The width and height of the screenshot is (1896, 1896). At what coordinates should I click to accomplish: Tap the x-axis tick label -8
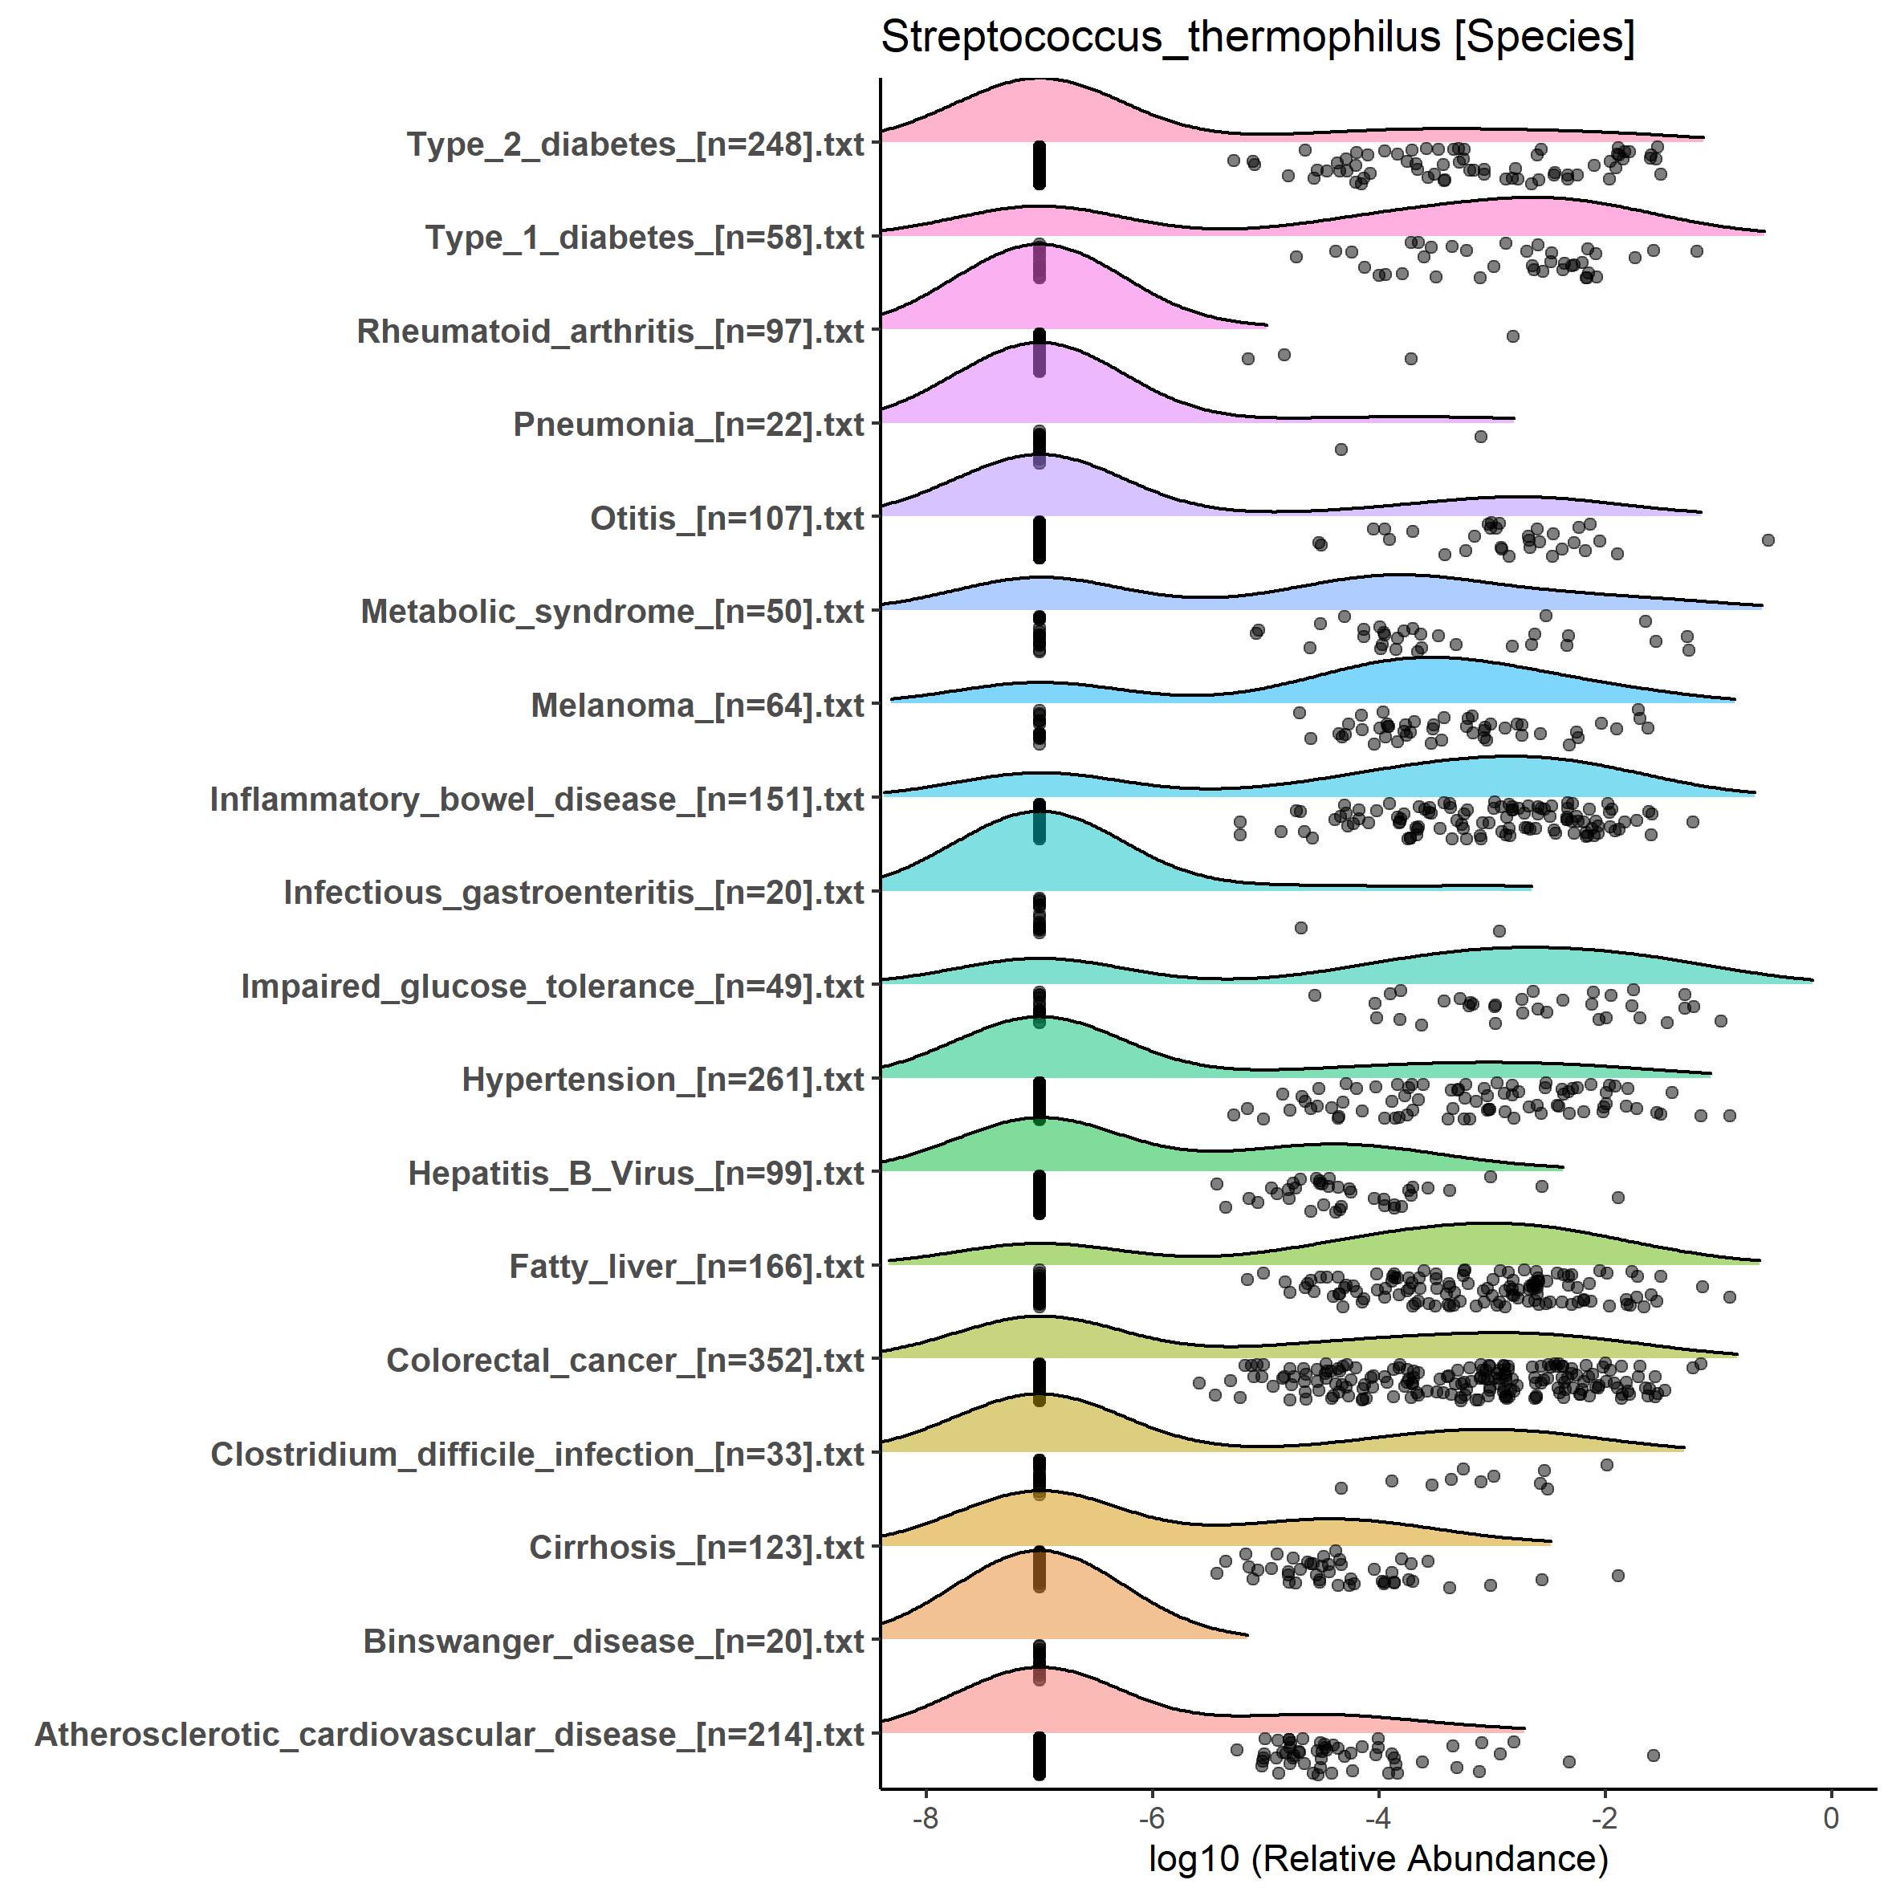click(x=925, y=1818)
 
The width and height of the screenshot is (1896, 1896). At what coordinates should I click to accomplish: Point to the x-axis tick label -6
click(x=1151, y=1818)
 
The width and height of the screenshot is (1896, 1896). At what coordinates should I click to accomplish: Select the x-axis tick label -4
click(x=1377, y=1818)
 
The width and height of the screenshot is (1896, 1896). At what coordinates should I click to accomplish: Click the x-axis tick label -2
click(x=1605, y=1818)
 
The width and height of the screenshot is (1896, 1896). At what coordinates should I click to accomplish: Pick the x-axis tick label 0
click(x=1830, y=1818)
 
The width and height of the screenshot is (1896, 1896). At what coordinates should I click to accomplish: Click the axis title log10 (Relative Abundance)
click(x=1377, y=1859)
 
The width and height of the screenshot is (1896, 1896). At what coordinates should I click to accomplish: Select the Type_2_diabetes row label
click(x=635, y=144)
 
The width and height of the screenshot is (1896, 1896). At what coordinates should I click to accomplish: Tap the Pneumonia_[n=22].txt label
click(x=688, y=425)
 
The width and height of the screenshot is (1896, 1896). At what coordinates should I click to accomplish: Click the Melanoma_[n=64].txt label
click(x=697, y=706)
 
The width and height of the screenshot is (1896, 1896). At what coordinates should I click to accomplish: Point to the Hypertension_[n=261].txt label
click(x=662, y=1080)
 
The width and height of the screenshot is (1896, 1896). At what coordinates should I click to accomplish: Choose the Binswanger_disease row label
click(x=613, y=1641)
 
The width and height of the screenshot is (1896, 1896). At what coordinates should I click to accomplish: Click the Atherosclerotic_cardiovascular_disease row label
click(x=450, y=1734)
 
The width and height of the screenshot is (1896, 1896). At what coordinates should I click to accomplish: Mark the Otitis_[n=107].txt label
click(x=726, y=519)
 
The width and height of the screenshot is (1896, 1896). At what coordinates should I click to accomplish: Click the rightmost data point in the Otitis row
click(x=1768, y=539)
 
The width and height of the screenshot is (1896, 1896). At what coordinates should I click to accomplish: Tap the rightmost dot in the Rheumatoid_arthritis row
click(x=1512, y=336)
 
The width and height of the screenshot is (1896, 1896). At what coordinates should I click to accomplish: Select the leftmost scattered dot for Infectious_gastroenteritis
click(x=1300, y=927)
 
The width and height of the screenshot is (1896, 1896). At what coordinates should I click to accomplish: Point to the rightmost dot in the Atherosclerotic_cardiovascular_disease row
click(x=1653, y=1755)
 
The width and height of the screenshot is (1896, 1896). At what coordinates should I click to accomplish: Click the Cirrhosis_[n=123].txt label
click(x=696, y=1548)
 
